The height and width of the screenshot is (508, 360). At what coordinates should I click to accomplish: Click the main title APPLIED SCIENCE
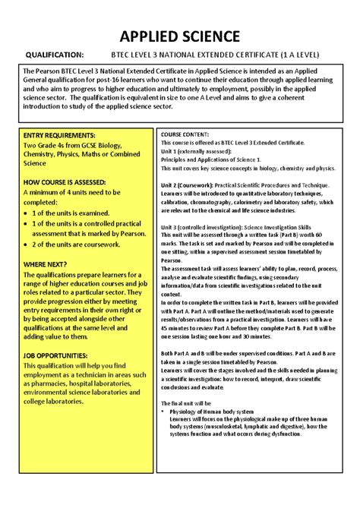180,36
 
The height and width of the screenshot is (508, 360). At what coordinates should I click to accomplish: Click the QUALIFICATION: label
55,55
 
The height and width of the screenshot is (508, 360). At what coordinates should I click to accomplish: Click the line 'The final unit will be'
186,402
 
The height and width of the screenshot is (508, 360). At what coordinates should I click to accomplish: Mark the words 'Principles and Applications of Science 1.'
211,159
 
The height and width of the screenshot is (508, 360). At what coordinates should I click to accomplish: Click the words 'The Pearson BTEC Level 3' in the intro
65,70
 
